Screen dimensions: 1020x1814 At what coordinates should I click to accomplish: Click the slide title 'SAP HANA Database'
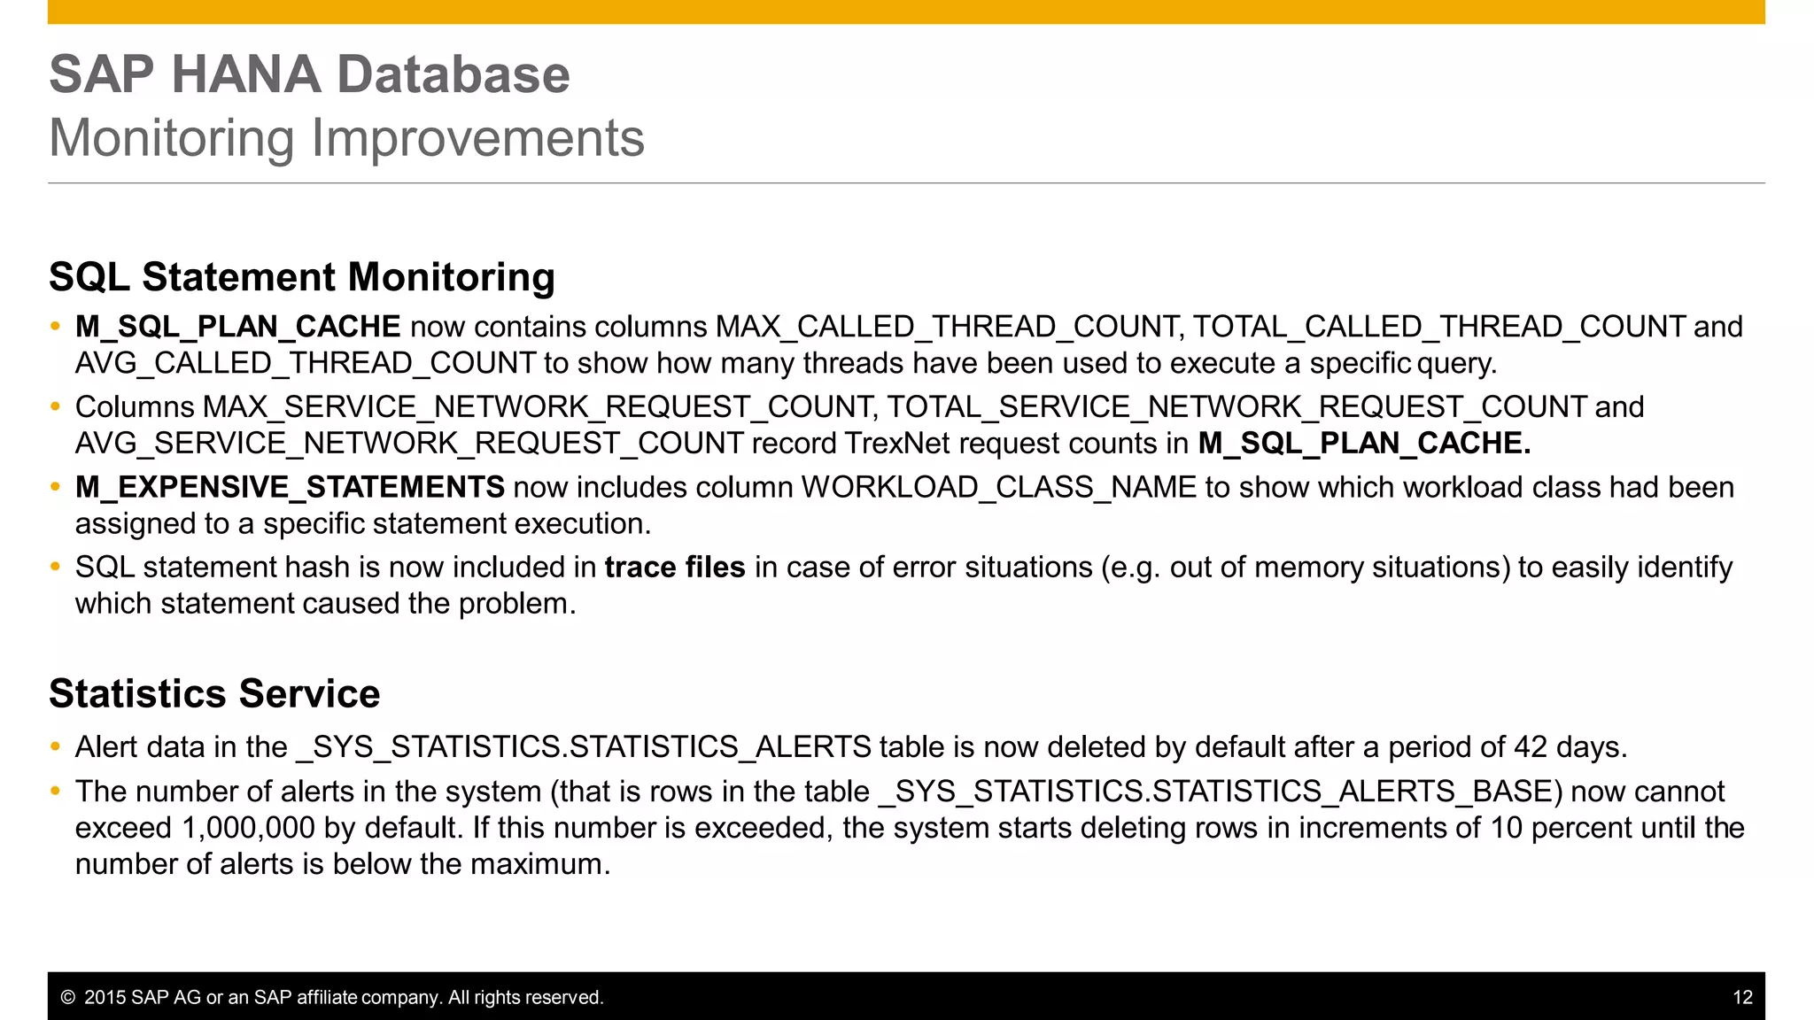pyautogui.click(x=309, y=73)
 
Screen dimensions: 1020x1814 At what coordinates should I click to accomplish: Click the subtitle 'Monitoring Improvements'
pyautogui.click(x=346, y=138)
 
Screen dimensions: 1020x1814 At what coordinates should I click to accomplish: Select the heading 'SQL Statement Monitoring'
pyautogui.click(x=302, y=277)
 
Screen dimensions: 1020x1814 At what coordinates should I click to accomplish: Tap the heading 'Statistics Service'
pyautogui.click(x=214, y=693)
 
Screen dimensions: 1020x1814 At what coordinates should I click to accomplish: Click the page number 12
pyautogui.click(x=1742, y=998)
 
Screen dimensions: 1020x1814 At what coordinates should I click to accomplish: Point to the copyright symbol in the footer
pyautogui.click(x=67, y=998)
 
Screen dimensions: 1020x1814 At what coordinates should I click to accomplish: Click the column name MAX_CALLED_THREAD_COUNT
pyautogui.click(x=948, y=327)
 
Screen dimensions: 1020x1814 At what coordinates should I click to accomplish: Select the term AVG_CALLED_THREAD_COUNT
pyautogui.click(x=306, y=363)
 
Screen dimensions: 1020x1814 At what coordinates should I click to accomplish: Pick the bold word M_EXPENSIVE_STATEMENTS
pyautogui.click(x=290, y=487)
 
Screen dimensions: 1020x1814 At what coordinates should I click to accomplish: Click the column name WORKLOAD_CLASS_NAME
pyautogui.click(x=998, y=487)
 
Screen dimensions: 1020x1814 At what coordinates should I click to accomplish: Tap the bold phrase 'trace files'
pyautogui.click(x=675, y=568)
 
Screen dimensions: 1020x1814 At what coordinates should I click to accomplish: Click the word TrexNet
pyautogui.click(x=897, y=443)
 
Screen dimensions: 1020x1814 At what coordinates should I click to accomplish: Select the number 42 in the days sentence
pyautogui.click(x=1530, y=747)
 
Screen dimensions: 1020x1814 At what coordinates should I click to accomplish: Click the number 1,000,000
pyautogui.click(x=248, y=828)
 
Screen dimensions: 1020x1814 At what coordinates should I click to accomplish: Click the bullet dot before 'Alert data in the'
pyautogui.click(x=56, y=747)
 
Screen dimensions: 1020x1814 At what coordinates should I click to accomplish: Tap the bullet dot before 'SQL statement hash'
pyautogui.click(x=56, y=568)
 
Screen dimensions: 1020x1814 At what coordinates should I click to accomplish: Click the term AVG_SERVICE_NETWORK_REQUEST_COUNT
pyautogui.click(x=409, y=443)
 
